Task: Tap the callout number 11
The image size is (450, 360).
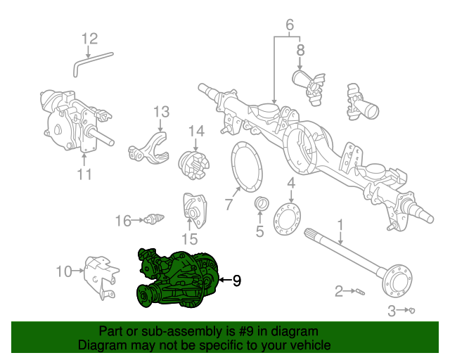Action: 84,173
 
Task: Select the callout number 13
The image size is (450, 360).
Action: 161,112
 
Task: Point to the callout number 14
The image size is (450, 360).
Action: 195,131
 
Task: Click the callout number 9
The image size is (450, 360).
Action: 236,281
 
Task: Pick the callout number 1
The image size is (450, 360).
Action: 340,225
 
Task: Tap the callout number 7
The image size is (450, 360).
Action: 228,205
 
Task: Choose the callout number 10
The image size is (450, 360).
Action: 63,271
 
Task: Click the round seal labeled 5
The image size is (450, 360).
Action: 260,205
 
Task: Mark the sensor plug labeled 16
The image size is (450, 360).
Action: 153,221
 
